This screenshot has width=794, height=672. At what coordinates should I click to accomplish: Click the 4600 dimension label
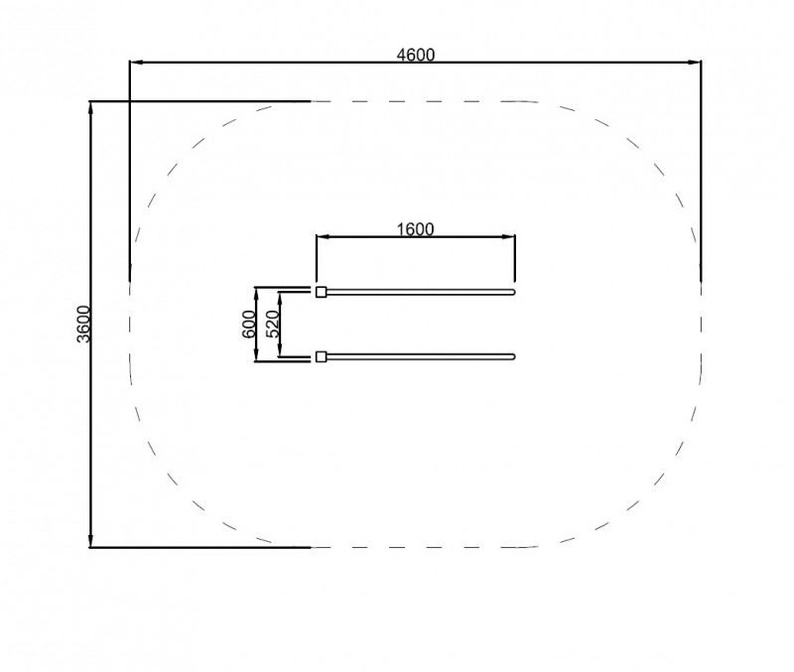point(415,55)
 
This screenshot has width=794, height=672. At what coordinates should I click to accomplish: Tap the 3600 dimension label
point(83,325)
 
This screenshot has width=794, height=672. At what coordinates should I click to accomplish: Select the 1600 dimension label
point(415,229)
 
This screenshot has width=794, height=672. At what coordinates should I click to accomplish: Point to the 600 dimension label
point(249,325)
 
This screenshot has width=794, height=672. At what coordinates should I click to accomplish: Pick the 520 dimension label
point(272,325)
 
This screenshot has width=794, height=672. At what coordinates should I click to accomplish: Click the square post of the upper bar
point(321,292)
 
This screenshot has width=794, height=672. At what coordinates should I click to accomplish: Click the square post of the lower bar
point(321,357)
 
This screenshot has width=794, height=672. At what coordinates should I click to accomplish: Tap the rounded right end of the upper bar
point(513,292)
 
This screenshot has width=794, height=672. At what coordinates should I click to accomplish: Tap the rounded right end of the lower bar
point(513,356)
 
